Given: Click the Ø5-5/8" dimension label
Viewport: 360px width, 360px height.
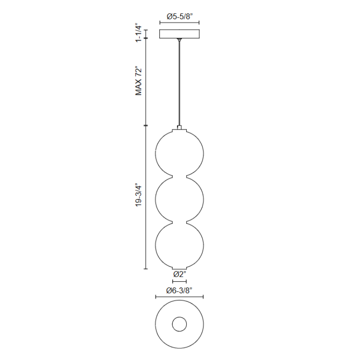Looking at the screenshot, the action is coord(180,17).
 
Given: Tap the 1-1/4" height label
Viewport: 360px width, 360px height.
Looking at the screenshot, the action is coord(139,32).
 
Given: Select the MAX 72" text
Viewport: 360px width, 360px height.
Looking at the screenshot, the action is coord(139,81).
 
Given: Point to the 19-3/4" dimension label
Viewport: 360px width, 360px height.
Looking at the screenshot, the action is coord(139,195).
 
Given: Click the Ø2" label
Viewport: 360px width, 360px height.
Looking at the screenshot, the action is coord(180,274).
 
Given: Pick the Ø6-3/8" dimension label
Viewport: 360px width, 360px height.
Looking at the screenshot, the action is coord(179,291).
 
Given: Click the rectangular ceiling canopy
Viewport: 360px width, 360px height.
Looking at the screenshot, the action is coord(180,34).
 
